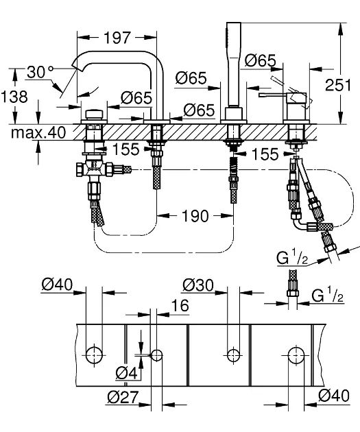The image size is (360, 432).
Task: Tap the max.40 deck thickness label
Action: click(x=37, y=132)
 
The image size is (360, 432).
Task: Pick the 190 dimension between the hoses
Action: click(x=195, y=217)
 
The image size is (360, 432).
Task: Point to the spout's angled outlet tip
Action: click(x=77, y=69)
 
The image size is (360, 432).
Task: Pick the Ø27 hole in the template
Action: click(x=157, y=355)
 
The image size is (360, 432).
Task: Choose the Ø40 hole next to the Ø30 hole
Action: click(x=295, y=355)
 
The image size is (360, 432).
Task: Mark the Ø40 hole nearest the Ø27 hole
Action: click(x=93, y=355)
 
